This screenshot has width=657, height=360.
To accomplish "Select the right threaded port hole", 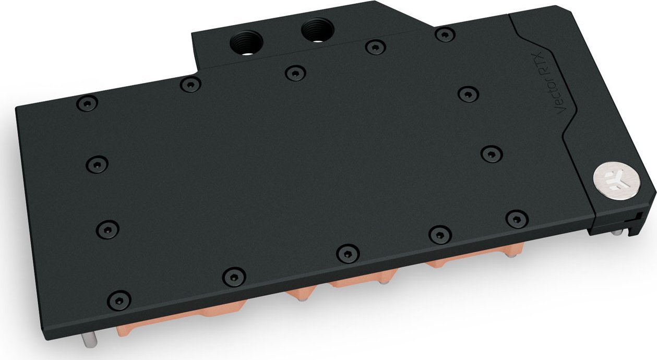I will [x=315, y=31].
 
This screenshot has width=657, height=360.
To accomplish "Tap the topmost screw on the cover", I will [x=445, y=34].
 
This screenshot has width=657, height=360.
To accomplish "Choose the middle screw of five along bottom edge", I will [x=348, y=254].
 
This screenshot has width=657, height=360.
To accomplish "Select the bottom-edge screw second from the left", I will [x=233, y=276].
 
